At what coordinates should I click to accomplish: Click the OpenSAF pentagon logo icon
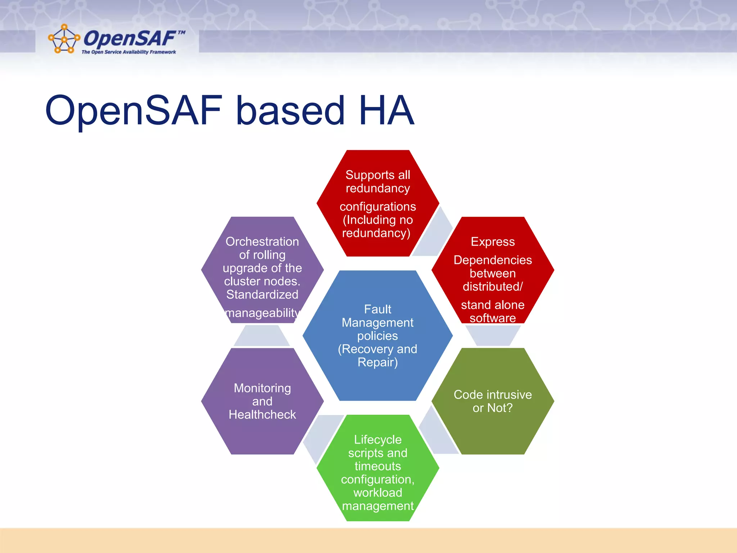tap(64, 39)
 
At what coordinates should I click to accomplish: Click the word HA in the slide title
tap(386, 110)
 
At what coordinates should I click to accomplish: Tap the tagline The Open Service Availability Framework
tap(128, 52)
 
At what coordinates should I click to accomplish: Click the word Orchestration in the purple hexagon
tap(262, 242)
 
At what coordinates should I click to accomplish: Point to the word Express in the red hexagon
tap(493, 242)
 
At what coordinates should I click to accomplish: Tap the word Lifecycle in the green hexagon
tap(377, 440)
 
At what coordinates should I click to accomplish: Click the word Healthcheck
tap(262, 415)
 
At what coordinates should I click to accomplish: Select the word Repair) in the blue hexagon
tap(377, 362)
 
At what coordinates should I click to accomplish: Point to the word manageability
tap(262, 313)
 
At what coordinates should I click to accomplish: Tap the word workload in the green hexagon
tap(377, 493)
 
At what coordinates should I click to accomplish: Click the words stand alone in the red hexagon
tap(493, 305)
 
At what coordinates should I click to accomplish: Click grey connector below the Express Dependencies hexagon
tap(493, 335)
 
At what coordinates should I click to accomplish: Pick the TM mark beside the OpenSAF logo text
tap(182, 32)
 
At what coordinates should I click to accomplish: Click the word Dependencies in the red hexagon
tap(493, 260)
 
